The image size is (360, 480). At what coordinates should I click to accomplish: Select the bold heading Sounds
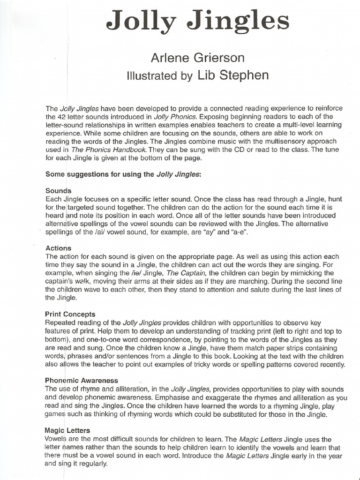coord(58,191)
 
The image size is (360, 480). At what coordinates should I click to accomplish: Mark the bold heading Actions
coord(58,248)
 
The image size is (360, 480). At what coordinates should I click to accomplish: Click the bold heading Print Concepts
coord(70,314)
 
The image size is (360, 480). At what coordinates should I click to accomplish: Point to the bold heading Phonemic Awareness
coord(82,381)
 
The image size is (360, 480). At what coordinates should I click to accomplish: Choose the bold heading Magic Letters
coord(67,430)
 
